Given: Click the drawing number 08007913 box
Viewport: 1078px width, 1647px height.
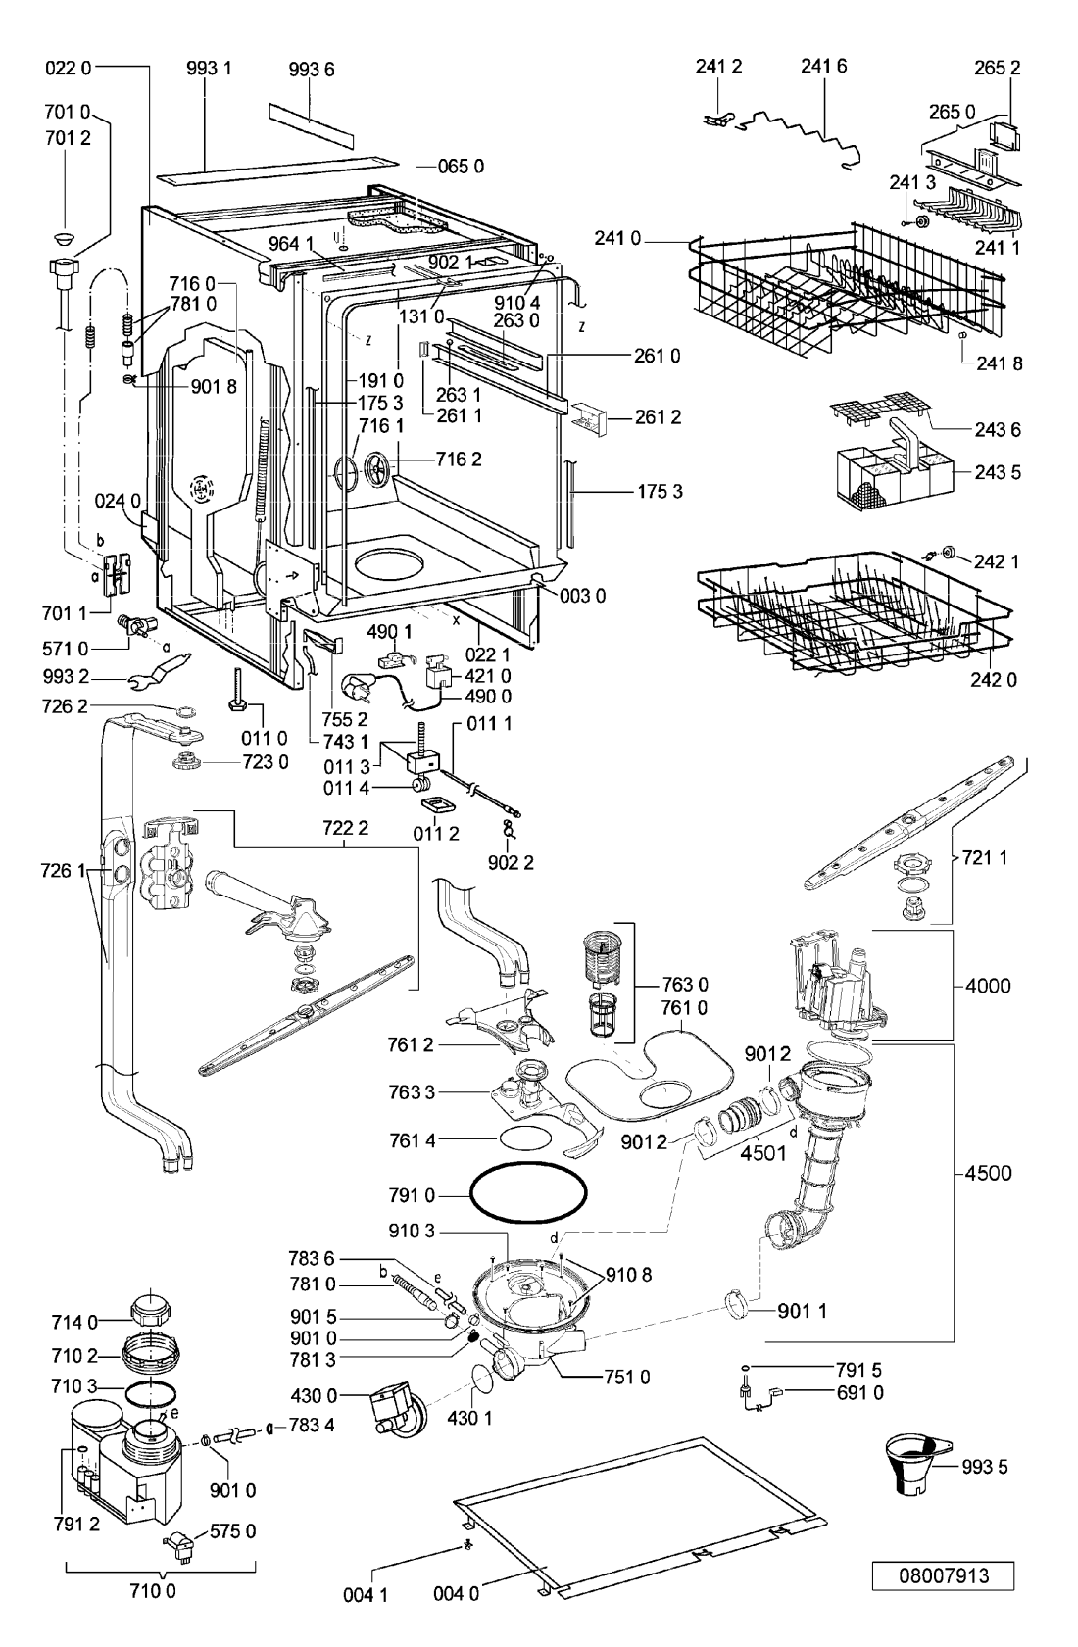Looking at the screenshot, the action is coord(943,1575).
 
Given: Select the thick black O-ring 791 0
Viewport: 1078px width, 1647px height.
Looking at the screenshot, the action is coord(528,1194).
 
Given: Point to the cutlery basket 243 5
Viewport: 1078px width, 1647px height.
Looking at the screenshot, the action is coord(894,467).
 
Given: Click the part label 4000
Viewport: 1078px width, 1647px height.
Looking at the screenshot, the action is coord(988,986).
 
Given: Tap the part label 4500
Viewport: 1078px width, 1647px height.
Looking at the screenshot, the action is coord(988,1173).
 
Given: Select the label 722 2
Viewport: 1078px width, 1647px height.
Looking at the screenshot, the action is coord(345,828).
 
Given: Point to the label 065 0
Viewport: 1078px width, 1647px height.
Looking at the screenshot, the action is coord(461,167).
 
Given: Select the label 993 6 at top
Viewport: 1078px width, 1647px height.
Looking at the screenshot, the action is coord(312,69).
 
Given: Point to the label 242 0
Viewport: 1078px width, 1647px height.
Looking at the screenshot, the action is coord(994,679).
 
